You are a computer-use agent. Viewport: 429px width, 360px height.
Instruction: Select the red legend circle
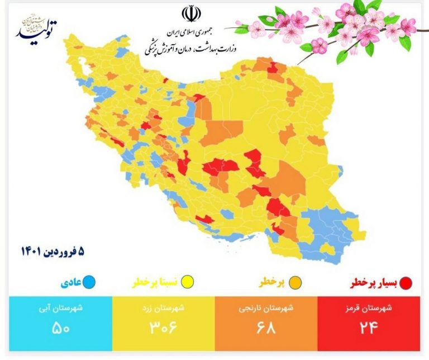[x=407, y=283]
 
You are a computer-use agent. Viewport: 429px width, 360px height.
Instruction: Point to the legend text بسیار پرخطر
[x=374, y=283]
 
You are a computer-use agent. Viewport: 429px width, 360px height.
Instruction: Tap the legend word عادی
[x=70, y=283]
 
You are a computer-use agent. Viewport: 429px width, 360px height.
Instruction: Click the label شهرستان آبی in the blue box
[x=60, y=308]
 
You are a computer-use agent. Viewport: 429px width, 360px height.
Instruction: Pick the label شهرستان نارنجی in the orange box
[x=265, y=308]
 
